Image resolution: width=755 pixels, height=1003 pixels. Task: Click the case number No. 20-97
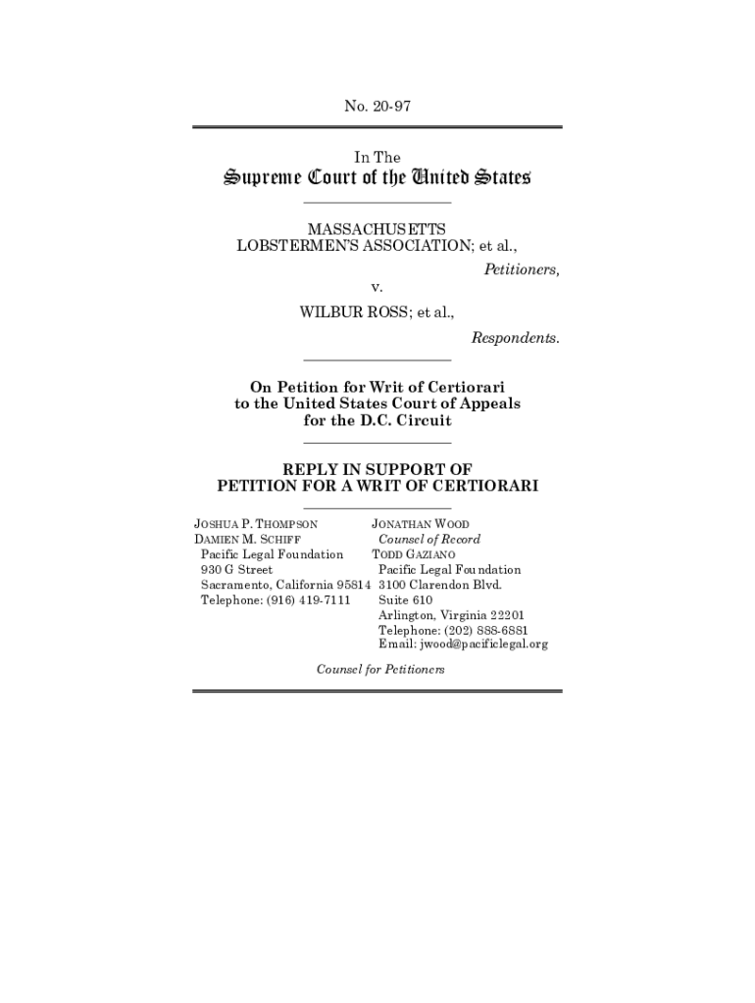point(377,106)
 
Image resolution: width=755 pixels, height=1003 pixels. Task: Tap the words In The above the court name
point(377,157)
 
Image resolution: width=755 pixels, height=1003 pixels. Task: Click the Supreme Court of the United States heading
point(377,179)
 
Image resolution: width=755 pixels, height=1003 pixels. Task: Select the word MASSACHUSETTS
point(377,228)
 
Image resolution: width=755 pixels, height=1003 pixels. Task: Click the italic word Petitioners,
point(522,268)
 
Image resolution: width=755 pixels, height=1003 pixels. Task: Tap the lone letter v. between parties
point(376,287)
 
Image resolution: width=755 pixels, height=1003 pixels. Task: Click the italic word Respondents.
point(516,338)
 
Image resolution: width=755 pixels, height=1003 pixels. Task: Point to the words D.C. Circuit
point(401,421)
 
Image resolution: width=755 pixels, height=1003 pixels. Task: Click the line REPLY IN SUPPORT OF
point(377,469)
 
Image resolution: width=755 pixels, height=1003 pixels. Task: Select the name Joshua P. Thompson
point(256,525)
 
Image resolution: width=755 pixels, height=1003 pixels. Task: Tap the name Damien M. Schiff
point(247,540)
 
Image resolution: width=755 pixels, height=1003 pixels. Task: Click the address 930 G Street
point(236,569)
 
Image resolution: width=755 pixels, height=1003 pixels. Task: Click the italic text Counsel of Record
point(429,540)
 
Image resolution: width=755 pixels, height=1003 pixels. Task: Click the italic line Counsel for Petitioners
point(380,669)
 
